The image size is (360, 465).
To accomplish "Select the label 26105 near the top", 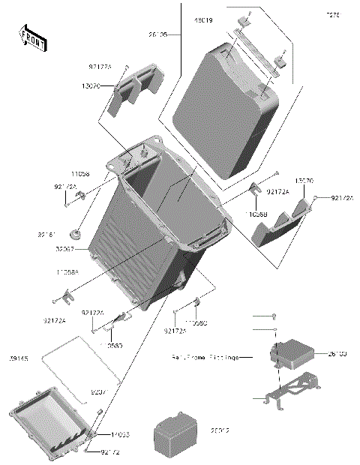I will (x=158, y=34).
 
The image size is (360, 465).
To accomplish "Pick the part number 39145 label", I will (x=20, y=358).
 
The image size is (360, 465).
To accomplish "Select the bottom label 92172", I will (x=110, y=453).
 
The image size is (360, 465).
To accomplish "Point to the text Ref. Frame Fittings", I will (x=202, y=358).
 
